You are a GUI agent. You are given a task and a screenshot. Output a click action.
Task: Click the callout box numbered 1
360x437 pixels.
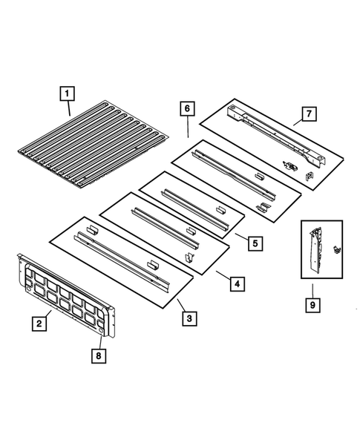pos(67,93)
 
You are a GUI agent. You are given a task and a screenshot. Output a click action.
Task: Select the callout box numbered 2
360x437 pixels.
pos(35,323)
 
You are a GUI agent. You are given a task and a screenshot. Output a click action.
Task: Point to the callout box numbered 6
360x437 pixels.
pos(186,108)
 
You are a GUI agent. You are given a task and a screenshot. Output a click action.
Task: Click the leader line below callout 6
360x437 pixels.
pos(186,126)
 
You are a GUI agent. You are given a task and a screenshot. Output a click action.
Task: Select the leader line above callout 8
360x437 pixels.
pos(99,340)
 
